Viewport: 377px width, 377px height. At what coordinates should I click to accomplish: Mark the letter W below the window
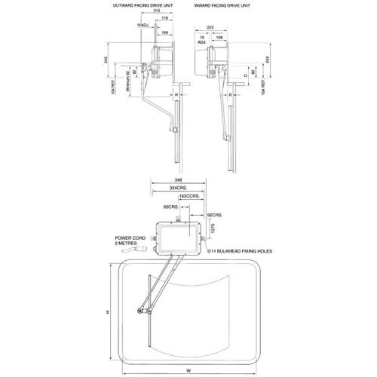[x=188, y=369]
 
